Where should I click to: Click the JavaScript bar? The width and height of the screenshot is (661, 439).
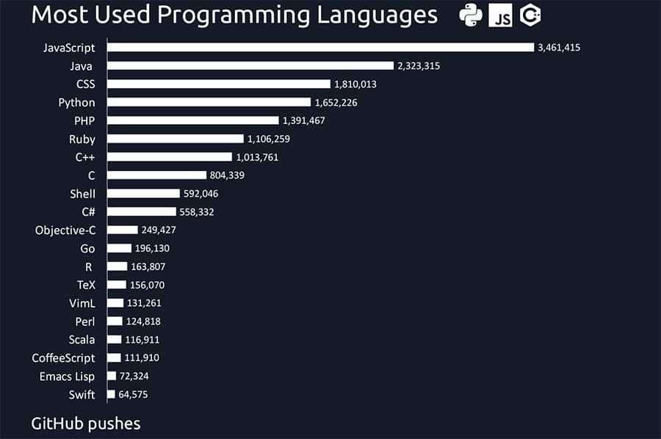point(320,47)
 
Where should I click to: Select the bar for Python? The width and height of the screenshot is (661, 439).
point(209,102)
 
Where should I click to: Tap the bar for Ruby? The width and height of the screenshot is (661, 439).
point(175,139)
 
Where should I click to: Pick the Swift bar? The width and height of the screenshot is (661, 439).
point(111,394)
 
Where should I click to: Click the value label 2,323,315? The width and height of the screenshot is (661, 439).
point(419,66)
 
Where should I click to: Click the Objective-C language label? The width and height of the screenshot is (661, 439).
point(65,231)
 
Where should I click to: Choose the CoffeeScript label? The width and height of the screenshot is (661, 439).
point(63,358)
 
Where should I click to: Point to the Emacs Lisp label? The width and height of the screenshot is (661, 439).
point(68,377)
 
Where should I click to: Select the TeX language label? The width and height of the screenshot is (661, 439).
point(86,285)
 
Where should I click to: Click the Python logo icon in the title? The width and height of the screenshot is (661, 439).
point(470,15)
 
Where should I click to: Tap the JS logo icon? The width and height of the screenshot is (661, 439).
point(500,15)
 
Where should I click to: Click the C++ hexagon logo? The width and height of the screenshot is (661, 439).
point(530,15)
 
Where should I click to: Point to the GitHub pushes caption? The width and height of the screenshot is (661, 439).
point(86,424)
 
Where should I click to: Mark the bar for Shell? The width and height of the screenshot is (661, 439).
point(143,194)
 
